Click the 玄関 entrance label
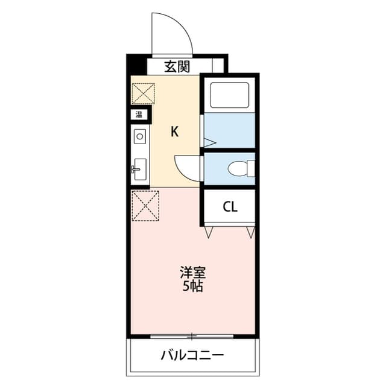click(177, 66)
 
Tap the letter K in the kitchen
click(174, 131)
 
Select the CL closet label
click(230, 207)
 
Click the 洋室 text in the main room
click(193, 272)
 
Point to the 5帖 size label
click(193, 286)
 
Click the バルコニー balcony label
click(192, 355)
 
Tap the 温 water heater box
click(139, 114)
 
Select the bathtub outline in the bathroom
click(229, 95)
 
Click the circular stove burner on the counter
click(140, 136)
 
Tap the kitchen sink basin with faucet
click(140, 169)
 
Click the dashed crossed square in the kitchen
click(144, 94)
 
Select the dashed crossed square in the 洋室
click(145, 206)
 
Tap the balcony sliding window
click(192, 336)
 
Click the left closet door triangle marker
click(209, 232)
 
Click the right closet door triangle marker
click(251, 232)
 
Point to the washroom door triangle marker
click(210, 142)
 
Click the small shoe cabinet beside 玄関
click(218, 66)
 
